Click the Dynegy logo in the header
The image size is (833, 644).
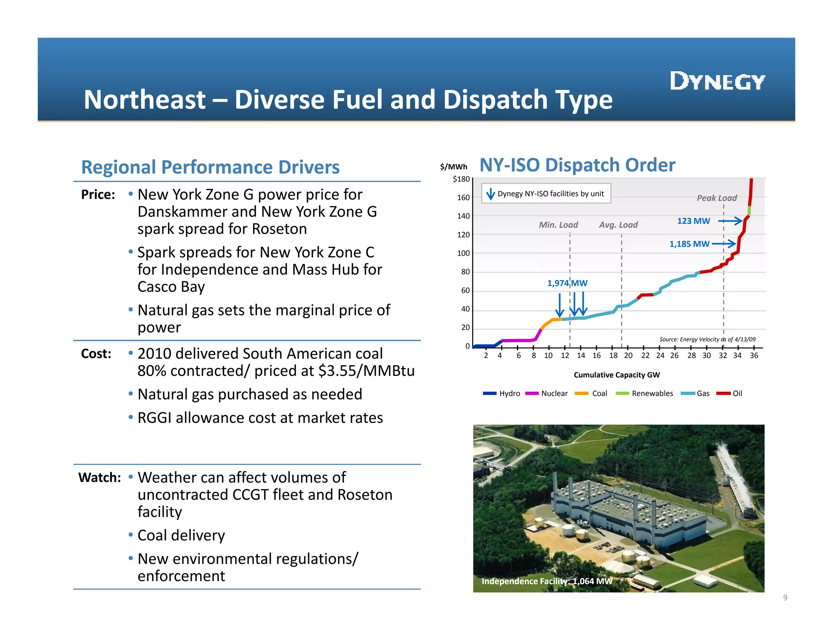point(717,81)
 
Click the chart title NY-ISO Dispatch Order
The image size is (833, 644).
point(577,165)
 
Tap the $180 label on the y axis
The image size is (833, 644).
point(461,179)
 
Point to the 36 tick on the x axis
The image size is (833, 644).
point(754,355)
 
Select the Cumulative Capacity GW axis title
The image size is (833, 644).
point(617,375)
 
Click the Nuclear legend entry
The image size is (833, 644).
point(554,393)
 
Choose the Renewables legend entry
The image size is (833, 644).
point(652,393)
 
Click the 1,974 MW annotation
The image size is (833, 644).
point(567,283)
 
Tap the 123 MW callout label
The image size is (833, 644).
point(693,221)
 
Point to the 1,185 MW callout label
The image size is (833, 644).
point(689,244)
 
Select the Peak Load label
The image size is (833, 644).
point(717,198)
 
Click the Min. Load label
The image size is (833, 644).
point(558,225)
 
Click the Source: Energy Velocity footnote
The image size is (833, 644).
point(707,339)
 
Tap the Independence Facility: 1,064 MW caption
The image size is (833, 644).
point(547,581)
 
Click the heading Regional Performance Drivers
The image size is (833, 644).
point(210,167)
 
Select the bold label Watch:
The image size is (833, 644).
point(100,478)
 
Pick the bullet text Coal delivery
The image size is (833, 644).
point(181,535)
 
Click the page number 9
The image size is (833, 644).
point(785,598)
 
